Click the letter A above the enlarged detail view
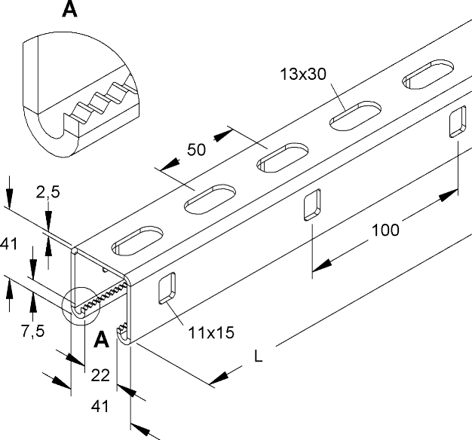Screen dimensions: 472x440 coord(69,9)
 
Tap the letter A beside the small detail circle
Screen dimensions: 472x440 coord(101,340)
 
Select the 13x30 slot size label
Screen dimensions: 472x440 coord(303,74)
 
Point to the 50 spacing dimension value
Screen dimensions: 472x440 coord(196,149)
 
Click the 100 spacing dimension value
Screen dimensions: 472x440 coord(385,230)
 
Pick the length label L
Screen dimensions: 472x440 coord(259,356)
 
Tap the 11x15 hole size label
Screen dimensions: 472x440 coord(211,333)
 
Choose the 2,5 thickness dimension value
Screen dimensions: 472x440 coord(48,192)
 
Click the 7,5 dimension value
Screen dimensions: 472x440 coord(33,331)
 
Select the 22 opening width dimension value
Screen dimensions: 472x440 coord(100,375)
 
